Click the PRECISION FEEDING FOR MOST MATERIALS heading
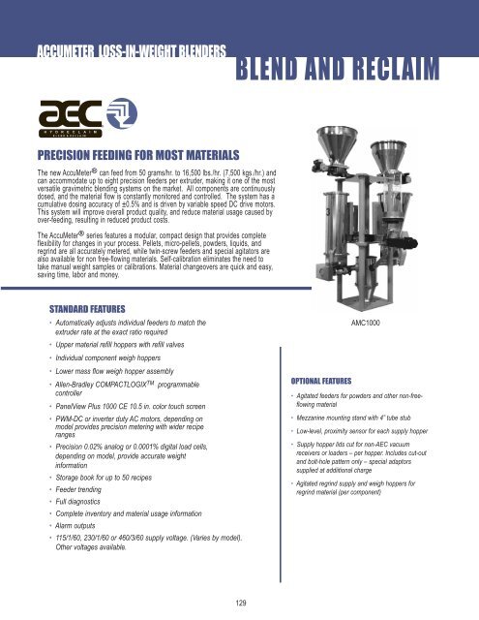click(139, 154)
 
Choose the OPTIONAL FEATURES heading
click(328, 382)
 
